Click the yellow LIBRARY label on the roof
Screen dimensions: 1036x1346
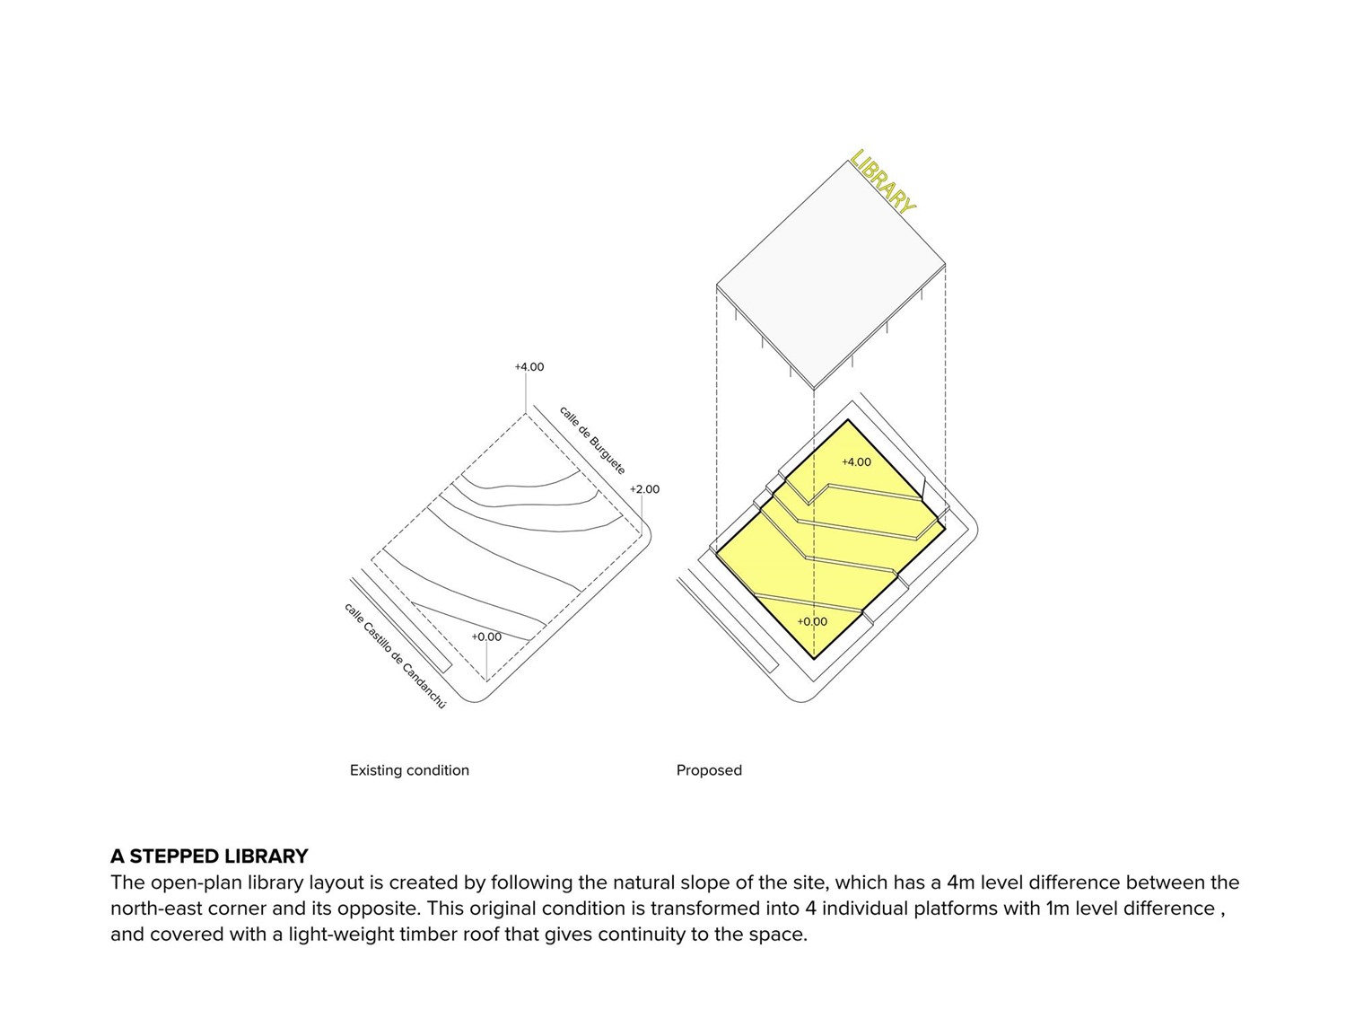(x=884, y=182)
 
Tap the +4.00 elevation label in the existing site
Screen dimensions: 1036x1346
(x=529, y=366)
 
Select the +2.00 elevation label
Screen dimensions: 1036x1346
(x=644, y=489)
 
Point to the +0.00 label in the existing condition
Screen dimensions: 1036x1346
(x=486, y=637)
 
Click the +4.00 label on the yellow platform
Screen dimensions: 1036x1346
(x=856, y=461)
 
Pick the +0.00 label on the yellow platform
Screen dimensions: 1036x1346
(x=812, y=621)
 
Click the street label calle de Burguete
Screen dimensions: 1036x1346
(x=592, y=440)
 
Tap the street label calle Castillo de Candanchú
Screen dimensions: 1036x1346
(x=395, y=655)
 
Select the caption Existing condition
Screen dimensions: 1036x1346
(x=409, y=770)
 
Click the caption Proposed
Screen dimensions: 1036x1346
(x=709, y=770)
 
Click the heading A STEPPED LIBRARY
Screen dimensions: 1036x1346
(x=209, y=856)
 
